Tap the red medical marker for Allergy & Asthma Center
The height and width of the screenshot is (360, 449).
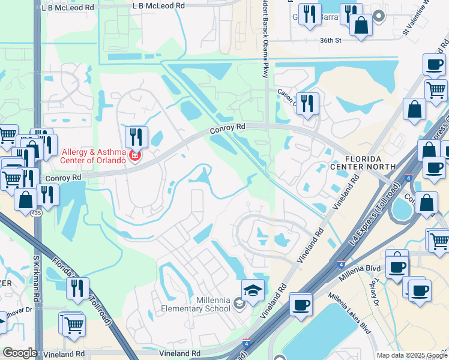click(135, 157)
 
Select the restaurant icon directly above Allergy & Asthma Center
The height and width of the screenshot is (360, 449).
click(137, 137)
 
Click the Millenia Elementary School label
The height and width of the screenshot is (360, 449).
click(196, 304)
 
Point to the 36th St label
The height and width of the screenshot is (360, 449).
click(330, 41)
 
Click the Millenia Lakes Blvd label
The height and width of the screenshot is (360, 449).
click(348, 312)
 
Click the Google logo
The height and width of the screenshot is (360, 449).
click(20, 353)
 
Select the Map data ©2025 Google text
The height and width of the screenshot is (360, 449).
click(412, 355)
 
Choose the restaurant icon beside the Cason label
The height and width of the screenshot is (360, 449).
click(307, 103)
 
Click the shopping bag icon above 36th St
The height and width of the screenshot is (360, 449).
click(361, 26)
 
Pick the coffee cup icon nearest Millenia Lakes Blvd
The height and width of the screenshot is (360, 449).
click(301, 304)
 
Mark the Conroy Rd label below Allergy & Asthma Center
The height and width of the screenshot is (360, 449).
click(63, 178)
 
